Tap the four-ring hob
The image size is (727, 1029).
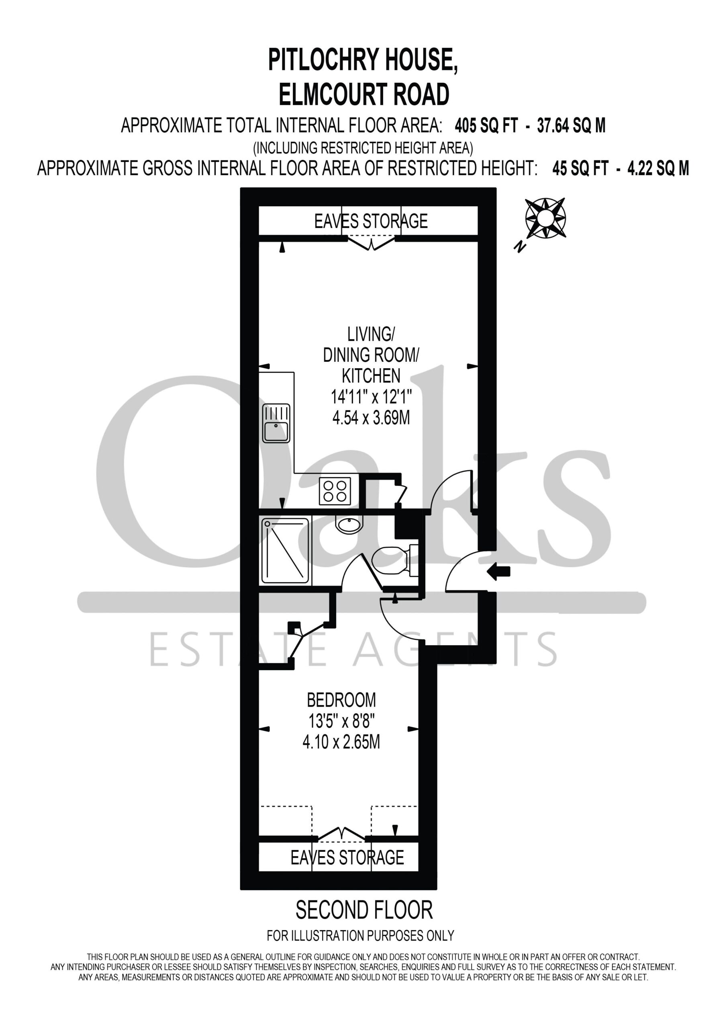point(335,491)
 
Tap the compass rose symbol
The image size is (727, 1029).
point(545,218)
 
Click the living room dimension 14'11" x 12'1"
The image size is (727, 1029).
point(371,396)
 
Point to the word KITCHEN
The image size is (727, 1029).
point(371,375)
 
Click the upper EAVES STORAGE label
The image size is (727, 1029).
point(371,221)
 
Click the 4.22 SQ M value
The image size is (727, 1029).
point(658,168)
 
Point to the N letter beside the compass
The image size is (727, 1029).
point(520,246)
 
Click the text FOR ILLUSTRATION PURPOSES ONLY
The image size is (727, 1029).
point(361,935)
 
